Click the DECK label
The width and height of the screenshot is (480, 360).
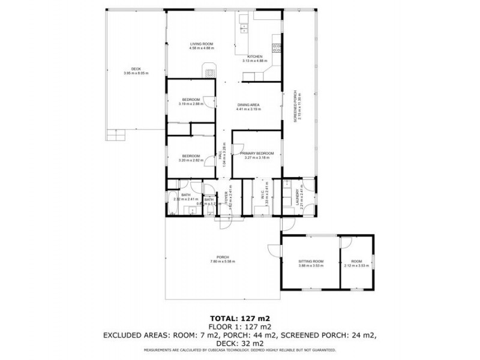136,69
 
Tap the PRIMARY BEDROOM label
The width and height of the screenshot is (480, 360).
257,154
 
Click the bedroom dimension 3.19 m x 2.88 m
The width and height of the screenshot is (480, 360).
191,104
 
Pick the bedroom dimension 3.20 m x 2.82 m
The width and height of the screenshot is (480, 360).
191,160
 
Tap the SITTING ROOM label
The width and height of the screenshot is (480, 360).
311,261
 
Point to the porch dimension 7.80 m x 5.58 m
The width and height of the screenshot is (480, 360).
223,262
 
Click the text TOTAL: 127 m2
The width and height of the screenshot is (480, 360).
239,318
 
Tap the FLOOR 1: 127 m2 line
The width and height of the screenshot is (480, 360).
239,326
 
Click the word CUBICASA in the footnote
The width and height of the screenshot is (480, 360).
243,350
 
